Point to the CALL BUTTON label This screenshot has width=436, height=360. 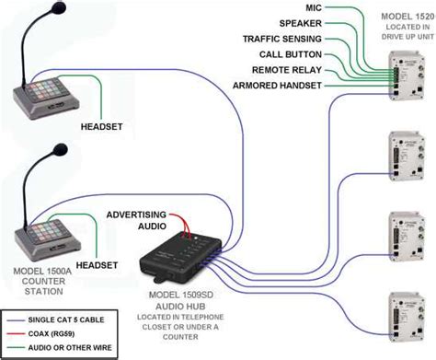[290, 55]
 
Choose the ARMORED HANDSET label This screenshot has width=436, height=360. [277, 87]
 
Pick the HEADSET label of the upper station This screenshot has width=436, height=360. [101, 126]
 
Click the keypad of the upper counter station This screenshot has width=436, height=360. [40, 93]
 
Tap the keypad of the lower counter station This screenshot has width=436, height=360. [40, 231]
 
